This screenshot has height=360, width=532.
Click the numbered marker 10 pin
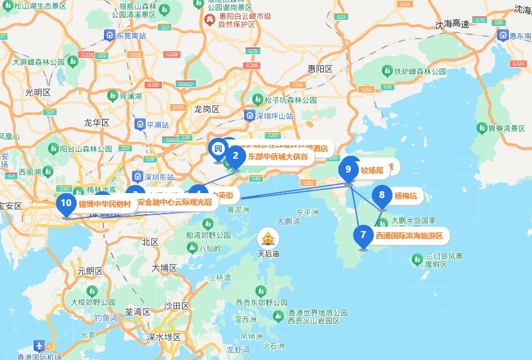[66, 203]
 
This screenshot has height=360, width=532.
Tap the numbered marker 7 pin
[363, 235]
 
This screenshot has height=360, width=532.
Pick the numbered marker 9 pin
[348, 169]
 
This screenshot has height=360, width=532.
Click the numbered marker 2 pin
[235, 156]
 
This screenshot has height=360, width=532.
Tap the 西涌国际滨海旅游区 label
[409, 235]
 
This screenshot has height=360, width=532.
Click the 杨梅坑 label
[406, 196]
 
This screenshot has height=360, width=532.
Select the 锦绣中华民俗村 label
[105, 203]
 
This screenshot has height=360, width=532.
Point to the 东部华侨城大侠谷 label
[278, 156]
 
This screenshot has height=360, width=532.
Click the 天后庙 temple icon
[268, 237]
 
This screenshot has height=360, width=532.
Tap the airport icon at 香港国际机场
[39, 345]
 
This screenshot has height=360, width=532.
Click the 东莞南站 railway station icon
[110, 36]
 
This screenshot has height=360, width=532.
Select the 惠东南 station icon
[503, 36]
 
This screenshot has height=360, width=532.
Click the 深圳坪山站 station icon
[250, 115]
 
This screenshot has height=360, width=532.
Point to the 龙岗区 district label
[206, 108]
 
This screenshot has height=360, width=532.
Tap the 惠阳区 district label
[320, 69]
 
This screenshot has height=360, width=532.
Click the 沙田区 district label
[176, 305]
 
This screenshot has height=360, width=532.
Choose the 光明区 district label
[37, 92]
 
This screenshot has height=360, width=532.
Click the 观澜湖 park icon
[113, 96]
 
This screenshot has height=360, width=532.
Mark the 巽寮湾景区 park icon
[482, 128]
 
